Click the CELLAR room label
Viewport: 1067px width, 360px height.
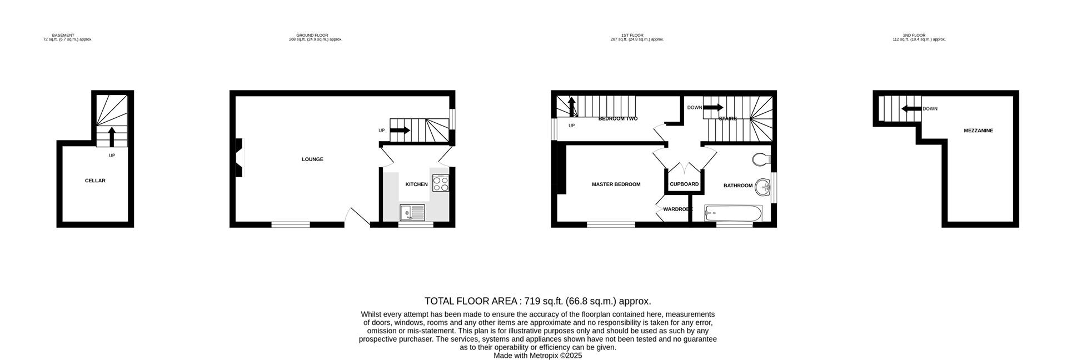coord(95,181)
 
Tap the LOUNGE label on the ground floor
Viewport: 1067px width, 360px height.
coord(312,159)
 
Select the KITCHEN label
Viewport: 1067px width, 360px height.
coord(416,184)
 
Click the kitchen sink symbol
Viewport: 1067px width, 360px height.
coord(412,212)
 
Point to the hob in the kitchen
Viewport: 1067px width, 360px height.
coord(441,183)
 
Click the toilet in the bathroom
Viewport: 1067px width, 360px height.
coord(761,160)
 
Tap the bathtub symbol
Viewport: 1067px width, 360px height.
coord(733,213)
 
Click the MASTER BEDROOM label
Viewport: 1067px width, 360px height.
coord(616,184)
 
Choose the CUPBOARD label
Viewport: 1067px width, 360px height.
coord(684,184)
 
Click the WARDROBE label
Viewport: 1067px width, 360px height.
coord(677,209)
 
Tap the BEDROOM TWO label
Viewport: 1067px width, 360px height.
coord(617,119)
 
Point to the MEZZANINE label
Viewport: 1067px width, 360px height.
coord(978,131)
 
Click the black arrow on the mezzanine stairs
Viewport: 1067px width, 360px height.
coord(911,109)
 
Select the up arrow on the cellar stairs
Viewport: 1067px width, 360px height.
coord(112,136)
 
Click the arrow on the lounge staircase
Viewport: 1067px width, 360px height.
coord(400,131)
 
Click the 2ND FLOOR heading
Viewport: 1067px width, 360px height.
coord(914,35)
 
